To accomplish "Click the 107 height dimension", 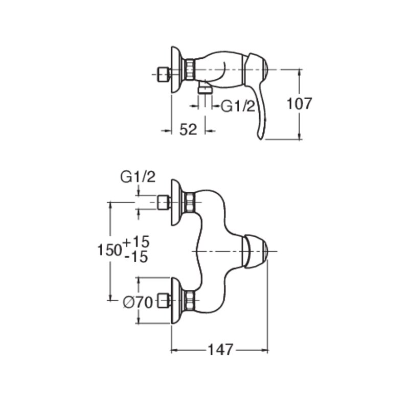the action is pos(299,104).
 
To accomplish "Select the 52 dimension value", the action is pos(188,130).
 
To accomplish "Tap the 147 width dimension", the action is pos(220,350).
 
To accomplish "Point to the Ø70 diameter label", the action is pos(138,303).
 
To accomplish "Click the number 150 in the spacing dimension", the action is pos(109,250).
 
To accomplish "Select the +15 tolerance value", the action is pos(136,241).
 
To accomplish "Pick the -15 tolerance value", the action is pos(137,257).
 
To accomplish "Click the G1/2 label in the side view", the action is pos(238,106).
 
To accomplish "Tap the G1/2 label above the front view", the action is pos(138,177).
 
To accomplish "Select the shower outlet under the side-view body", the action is pos(206,88).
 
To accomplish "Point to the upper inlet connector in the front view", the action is pos(164,202).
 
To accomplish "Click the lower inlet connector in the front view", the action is pos(164,301).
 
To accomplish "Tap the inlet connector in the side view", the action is pos(164,75).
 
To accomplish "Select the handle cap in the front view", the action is pos(255,251).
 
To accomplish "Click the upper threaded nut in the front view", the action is pos(189,202).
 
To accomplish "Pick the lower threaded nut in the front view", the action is pos(189,300).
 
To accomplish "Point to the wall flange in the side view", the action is pos(177,70).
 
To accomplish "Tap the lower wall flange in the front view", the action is pos(177,301).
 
